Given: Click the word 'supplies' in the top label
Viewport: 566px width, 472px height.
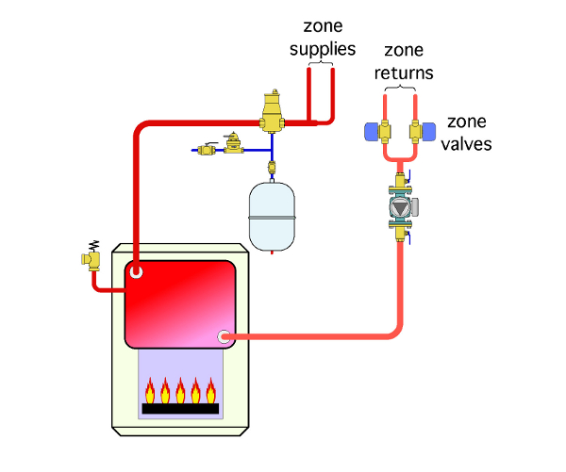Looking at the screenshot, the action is (323, 49).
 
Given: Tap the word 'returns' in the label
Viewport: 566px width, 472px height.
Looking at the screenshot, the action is (404, 73).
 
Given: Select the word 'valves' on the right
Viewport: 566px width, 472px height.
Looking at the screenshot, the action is (466, 144).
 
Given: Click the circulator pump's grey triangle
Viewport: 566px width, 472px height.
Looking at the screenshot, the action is (400, 207).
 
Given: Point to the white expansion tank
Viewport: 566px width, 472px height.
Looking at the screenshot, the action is (272, 217).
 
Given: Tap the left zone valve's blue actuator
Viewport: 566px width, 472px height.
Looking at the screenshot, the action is (372, 132).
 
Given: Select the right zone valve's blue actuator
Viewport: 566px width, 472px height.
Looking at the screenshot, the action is (429, 132).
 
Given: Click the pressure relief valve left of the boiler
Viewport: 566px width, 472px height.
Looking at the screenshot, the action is (91, 257).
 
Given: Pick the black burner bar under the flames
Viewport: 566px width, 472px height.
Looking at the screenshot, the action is (180, 409).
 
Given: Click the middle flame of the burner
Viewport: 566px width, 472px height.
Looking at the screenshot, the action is (180, 391).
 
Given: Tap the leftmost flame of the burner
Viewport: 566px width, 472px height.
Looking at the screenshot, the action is (150, 391).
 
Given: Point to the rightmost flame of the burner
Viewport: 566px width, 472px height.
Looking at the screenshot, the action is (211, 391).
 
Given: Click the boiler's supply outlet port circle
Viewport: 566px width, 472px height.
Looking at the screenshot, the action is (136, 271).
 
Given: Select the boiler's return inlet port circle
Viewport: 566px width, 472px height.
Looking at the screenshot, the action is (225, 336).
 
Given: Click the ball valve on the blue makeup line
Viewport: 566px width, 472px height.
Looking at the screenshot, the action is (207, 149).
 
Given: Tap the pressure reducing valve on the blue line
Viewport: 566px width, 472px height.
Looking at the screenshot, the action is (234, 143).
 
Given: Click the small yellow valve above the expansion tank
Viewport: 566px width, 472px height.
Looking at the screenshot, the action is (272, 167).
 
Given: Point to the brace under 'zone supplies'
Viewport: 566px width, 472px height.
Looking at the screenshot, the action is (321, 64).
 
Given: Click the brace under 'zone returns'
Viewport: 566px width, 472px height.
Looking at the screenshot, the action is (400, 88).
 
